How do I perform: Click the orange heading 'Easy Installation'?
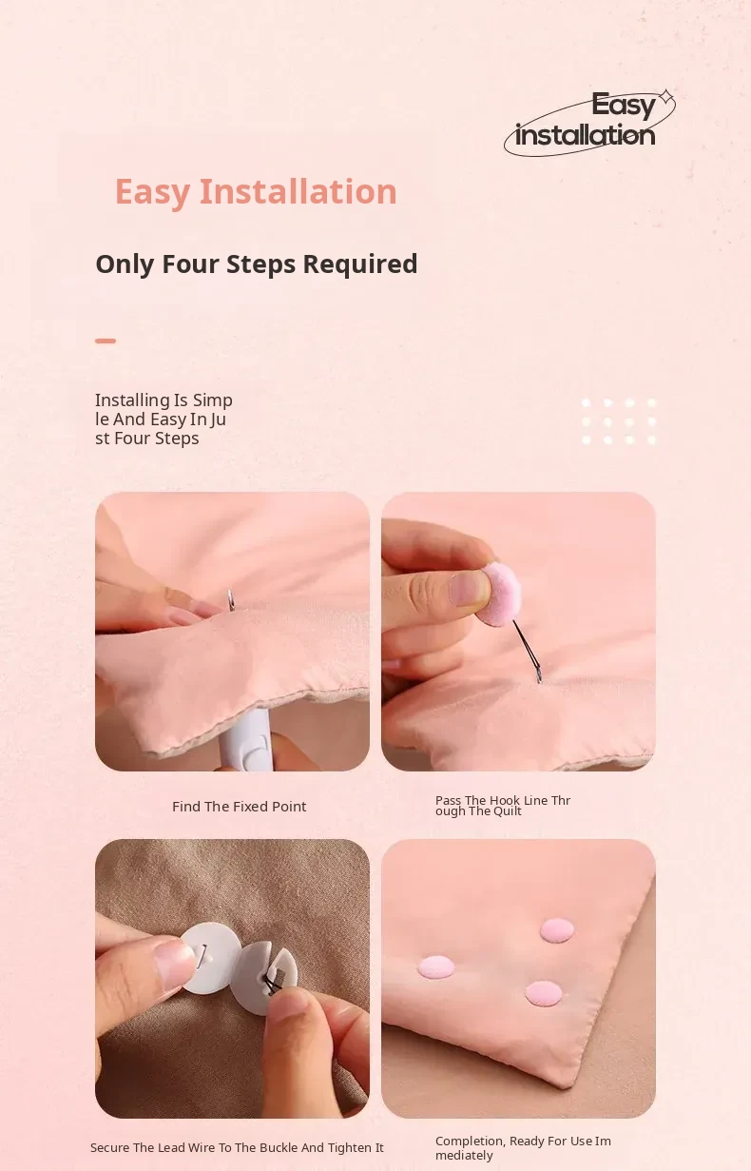[256, 192]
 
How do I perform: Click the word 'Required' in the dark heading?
[360, 264]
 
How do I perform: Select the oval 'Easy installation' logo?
[589, 124]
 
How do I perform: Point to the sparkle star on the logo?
[665, 97]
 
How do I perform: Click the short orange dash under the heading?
[106, 341]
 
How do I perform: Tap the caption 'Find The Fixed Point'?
[240, 807]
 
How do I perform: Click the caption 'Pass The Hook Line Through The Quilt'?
[502, 806]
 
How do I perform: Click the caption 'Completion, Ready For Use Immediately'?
[523, 1148]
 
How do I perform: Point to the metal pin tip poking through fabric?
[230, 599]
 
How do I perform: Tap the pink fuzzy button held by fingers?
[500, 595]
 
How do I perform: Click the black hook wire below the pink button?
[527, 652]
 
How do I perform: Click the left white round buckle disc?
[210, 958]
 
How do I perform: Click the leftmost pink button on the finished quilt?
[436, 967]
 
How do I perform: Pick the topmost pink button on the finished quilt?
[557, 930]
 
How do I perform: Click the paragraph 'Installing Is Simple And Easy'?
[164, 420]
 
